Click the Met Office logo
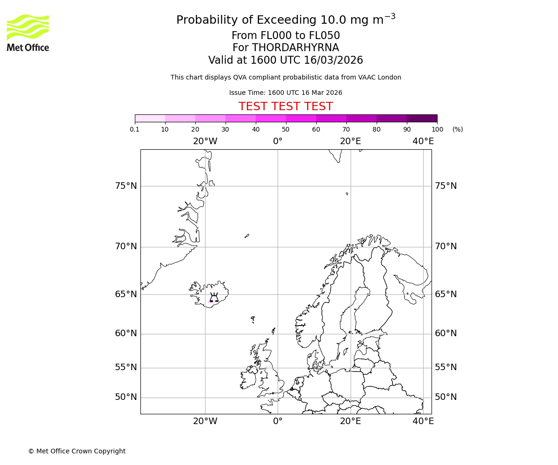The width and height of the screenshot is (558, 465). coord(28,33)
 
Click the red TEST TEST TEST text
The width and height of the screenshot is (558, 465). coord(286,107)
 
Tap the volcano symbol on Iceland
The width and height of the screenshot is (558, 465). coord(214,298)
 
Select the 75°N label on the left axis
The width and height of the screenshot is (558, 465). coord(126,186)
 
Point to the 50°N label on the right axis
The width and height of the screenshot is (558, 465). coord(445,397)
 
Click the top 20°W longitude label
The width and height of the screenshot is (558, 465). coord(205,141)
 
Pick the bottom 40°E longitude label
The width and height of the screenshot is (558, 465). coord(423,421)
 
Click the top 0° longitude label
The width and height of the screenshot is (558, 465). coord(278,141)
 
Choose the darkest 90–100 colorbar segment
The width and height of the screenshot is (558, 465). coord(422,118)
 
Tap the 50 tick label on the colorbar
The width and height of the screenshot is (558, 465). coord(286,129)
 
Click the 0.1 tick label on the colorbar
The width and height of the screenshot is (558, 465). coord(135,129)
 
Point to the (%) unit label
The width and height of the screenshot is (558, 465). coord(458,129)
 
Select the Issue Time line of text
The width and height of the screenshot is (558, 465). coord(286,93)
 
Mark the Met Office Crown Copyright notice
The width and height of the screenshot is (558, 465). coord(77,451)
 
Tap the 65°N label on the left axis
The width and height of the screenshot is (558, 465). coord(126,294)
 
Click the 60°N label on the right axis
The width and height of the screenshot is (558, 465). coord(445,333)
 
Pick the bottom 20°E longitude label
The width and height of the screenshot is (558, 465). coord(350,421)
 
